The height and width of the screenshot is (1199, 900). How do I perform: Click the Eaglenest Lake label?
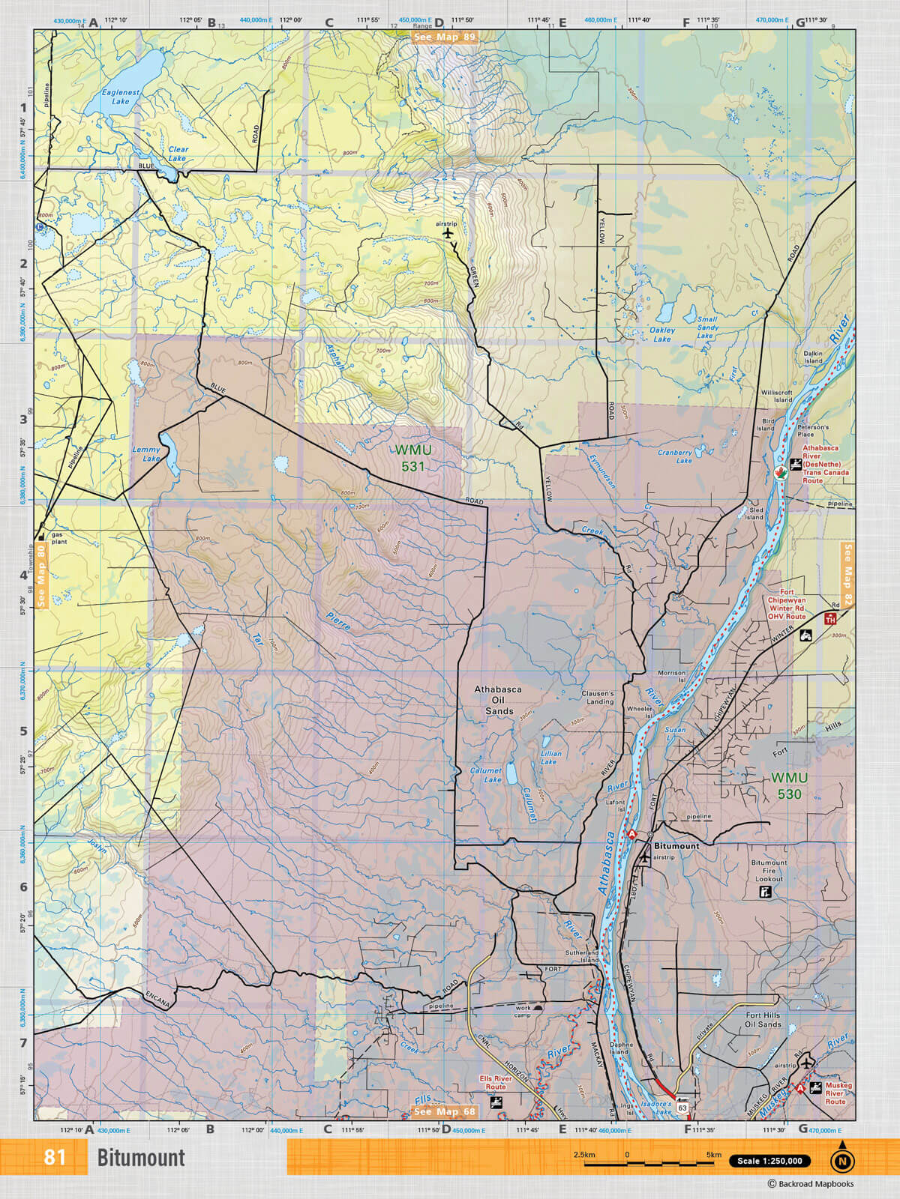120,97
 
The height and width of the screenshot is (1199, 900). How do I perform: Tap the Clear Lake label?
178,154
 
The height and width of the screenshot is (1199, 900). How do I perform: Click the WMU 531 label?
412,458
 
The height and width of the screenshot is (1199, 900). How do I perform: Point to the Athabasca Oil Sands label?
499,700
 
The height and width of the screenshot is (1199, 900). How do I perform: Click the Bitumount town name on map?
676,845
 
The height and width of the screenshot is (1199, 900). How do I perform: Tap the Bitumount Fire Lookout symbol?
766,893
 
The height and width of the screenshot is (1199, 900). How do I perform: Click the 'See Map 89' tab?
445,36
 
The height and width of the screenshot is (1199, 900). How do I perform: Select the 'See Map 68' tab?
444,1112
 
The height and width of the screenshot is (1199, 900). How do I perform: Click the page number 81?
55,1157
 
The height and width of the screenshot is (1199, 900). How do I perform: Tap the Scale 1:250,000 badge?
769,1161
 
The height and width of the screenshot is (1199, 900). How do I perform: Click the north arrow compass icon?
842,1160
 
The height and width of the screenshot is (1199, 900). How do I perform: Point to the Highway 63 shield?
682,1106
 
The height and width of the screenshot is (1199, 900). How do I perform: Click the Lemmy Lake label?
147,454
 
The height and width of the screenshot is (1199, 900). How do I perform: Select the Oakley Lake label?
661,334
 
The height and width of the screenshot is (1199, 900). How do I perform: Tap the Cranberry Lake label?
675,456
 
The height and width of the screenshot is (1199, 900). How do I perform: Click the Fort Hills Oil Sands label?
763,1019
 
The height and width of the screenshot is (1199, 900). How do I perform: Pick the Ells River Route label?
496,1082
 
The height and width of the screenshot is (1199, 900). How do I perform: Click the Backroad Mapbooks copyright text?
810,1184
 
